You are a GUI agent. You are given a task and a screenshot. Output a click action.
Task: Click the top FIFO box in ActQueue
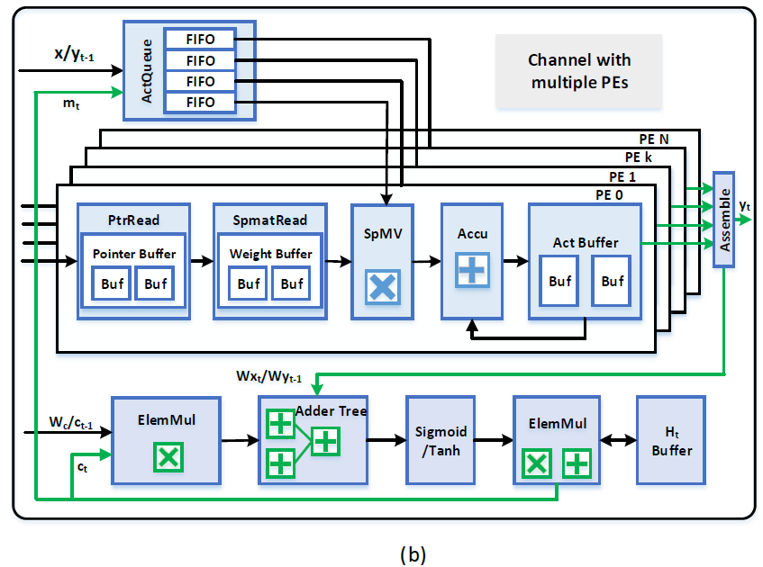click(x=200, y=39)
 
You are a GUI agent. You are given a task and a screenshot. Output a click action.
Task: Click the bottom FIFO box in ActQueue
click(x=200, y=102)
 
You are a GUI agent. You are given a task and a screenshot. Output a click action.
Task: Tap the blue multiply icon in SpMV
click(x=383, y=286)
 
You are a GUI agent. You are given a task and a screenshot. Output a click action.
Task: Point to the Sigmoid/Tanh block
click(x=440, y=440)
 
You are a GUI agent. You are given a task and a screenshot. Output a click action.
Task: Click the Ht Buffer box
click(x=671, y=440)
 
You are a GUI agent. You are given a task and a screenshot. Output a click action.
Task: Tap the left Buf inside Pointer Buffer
click(x=112, y=283)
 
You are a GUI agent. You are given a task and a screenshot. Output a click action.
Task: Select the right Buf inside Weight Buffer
click(x=292, y=283)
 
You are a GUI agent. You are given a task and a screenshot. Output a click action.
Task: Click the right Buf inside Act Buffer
click(x=613, y=281)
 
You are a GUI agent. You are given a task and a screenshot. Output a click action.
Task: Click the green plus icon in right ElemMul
click(x=577, y=464)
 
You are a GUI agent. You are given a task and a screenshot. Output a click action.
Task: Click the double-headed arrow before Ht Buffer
click(x=617, y=440)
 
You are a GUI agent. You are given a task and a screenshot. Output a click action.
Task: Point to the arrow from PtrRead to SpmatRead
click(x=202, y=262)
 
